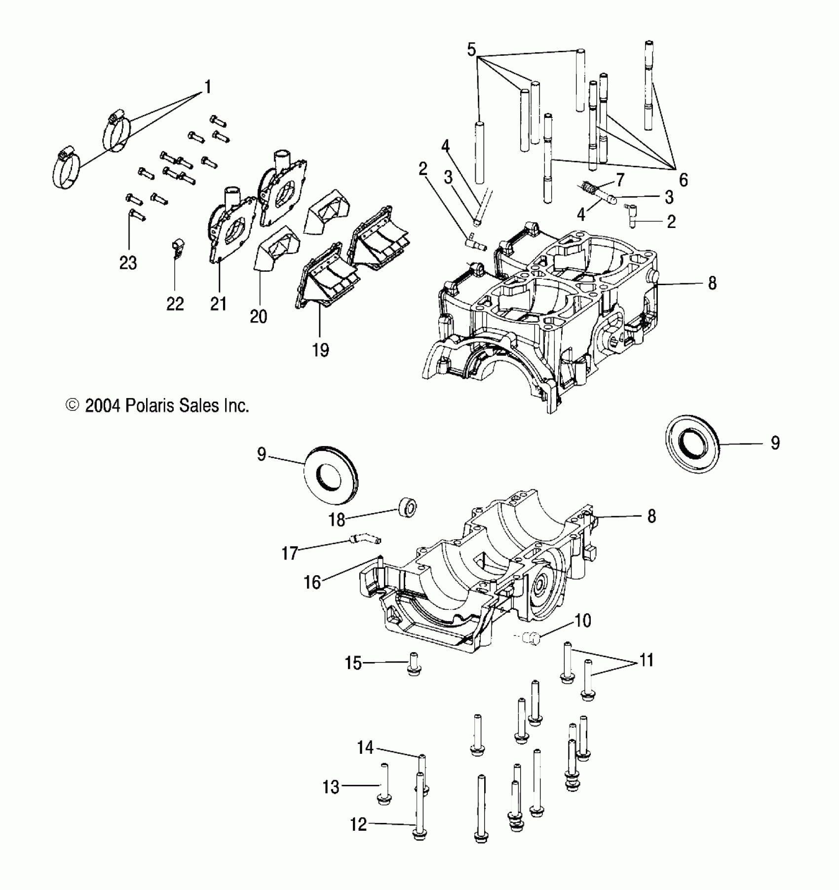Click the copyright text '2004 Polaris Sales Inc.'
click(158, 406)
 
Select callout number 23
click(128, 263)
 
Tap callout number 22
click(175, 303)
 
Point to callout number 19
click(320, 350)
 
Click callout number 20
click(258, 316)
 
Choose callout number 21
click(218, 304)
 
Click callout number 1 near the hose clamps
click(208, 87)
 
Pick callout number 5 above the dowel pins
click(471, 50)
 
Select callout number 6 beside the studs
click(683, 180)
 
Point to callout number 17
click(290, 553)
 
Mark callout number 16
click(312, 582)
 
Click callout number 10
click(583, 620)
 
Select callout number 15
click(353, 663)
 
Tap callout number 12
click(359, 824)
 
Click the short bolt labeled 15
click(414, 664)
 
